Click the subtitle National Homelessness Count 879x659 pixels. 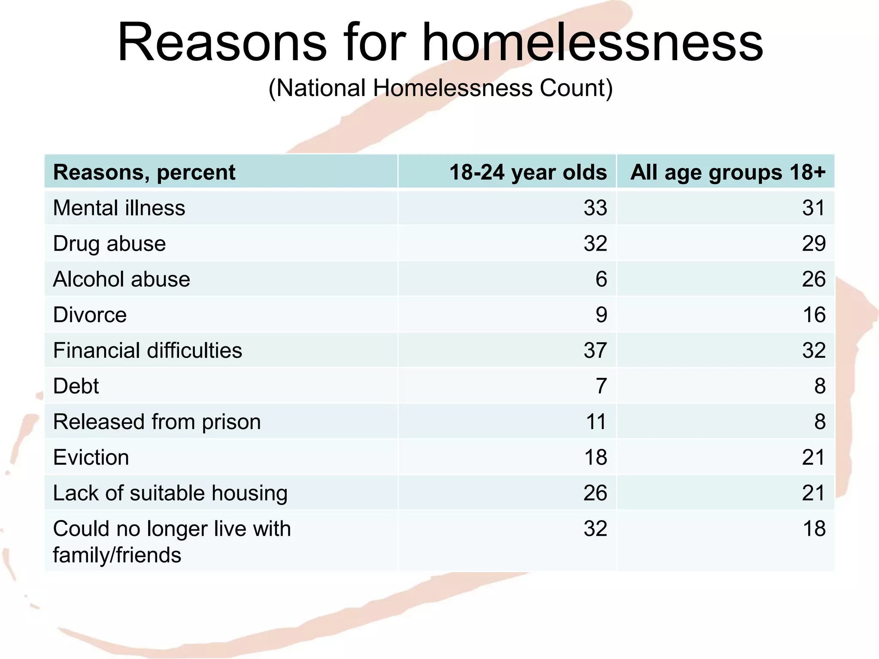click(440, 88)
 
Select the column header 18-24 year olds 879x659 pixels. click(528, 172)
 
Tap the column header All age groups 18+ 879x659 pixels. click(727, 172)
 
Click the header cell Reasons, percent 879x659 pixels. click(144, 172)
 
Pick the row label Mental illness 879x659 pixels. click(119, 208)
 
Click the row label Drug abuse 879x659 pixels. click(109, 244)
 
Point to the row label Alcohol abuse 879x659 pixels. click(121, 279)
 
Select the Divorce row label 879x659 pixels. click(90, 315)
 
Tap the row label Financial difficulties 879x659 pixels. click(147, 351)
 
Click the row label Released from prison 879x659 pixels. click(157, 422)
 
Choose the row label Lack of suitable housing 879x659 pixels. click(170, 493)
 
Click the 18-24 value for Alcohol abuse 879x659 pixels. click(601, 279)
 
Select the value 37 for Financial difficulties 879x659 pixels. click(595, 351)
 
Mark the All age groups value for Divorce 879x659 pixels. click(814, 315)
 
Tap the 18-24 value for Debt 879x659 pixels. click(601, 386)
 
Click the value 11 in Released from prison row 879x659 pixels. click(596, 422)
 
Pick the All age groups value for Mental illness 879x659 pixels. click(814, 208)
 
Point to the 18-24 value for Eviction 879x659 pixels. click(595, 457)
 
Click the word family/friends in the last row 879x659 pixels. click(117, 555)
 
